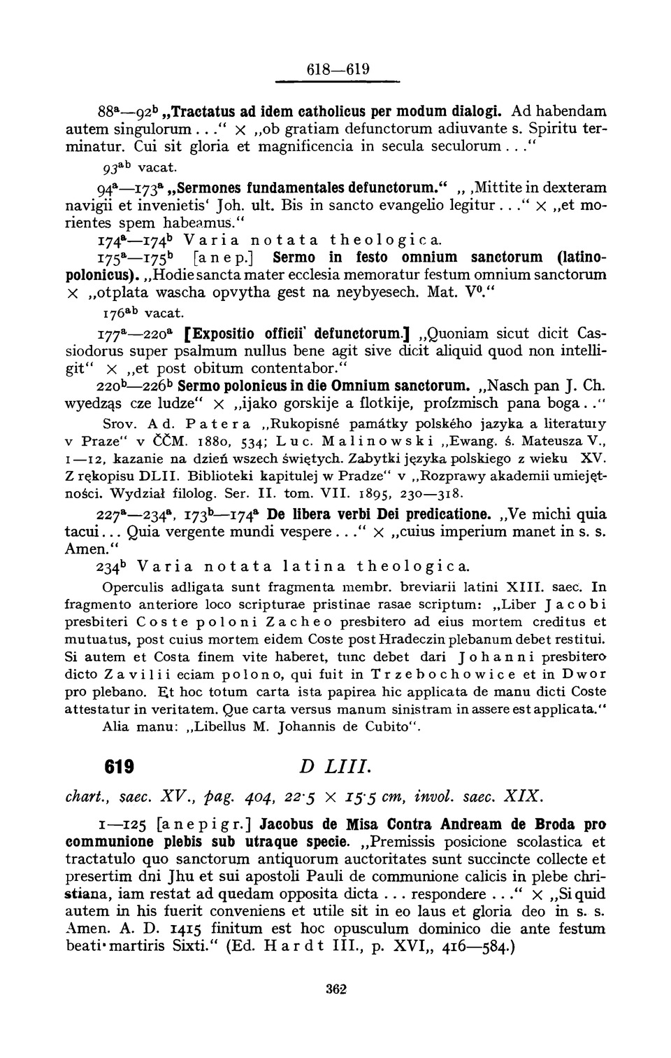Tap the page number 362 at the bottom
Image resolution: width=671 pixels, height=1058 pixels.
pyautogui.click(x=337, y=989)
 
